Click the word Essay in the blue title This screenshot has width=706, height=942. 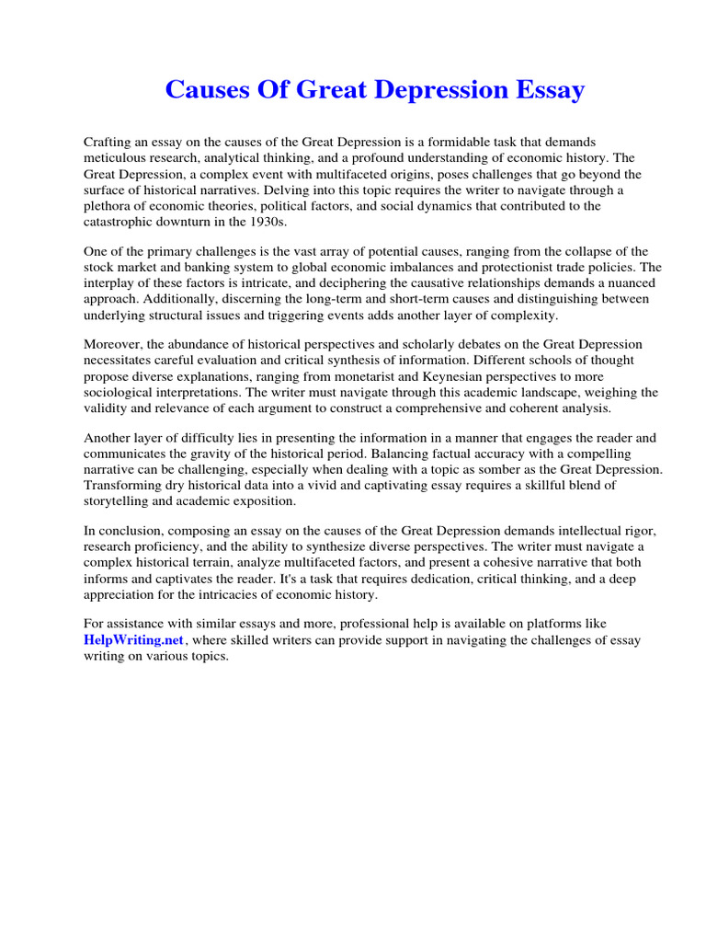click(549, 91)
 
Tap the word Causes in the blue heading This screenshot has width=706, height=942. click(204, 91)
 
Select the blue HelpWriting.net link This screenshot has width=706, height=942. click(134, 639)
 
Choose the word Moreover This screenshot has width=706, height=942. click(114, 344)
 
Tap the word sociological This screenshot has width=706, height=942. click(120, 392)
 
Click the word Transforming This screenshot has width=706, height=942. click(123, 485)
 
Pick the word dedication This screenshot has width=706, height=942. click(454, 579)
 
